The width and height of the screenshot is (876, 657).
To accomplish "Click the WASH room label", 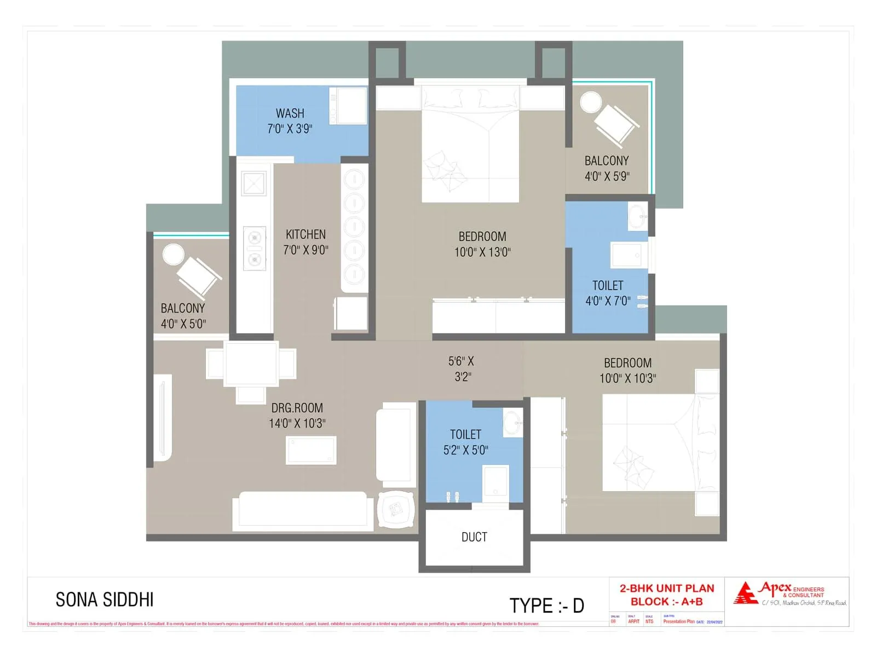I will [x=290, y=113].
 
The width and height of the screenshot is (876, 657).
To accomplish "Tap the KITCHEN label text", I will [x=306, y=234].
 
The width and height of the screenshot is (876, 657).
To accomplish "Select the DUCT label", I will [x=474, y=537].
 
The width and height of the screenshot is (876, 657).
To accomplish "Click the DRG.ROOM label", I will [x=297, y=408].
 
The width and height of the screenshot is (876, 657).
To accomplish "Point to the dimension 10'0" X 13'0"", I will [x=482, y=252].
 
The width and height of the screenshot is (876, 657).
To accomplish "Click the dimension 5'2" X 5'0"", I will [x=465, y=450].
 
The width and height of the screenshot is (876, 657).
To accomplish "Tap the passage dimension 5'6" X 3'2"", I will [x=462, y=368].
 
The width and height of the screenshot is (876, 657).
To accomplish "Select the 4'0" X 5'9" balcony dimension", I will [x=607, y=176].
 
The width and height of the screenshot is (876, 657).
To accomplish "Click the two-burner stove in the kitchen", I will [x=255, y=248].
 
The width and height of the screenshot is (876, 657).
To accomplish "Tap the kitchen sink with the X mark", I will [x=254, y=183].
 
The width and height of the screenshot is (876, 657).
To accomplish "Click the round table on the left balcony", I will [x=174, y=255].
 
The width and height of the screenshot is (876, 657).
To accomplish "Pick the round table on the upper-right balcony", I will [x=591, y=102].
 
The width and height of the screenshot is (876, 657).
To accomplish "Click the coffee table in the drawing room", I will [x=311, y=450].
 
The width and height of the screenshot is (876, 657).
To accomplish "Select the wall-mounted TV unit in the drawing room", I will [x=163, y=417].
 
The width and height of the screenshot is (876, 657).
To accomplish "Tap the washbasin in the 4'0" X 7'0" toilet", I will [x=637, y=217].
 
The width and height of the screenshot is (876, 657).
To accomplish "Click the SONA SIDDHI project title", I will [x=105, y=600].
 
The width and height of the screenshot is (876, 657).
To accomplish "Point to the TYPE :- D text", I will [x=546, y=606].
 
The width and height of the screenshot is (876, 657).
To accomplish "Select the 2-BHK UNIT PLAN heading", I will [x=667, y=589].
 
